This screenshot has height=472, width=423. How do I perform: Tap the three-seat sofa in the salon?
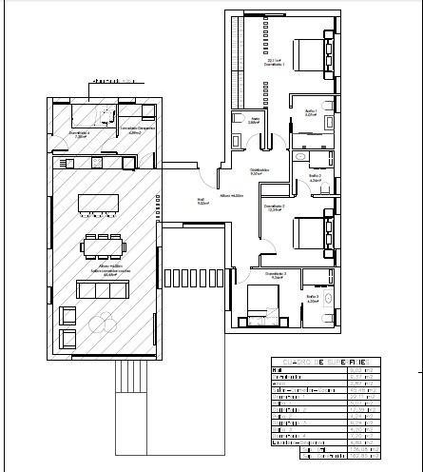pos(99,288)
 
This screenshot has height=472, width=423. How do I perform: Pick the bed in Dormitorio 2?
pos(310,232)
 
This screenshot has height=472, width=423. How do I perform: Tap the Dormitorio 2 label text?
pos(277,207)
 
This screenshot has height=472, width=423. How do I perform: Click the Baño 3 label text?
pos(312,298)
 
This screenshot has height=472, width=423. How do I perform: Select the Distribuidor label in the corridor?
pos(259,172)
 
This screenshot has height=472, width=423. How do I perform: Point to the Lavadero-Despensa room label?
pos(136,129)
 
